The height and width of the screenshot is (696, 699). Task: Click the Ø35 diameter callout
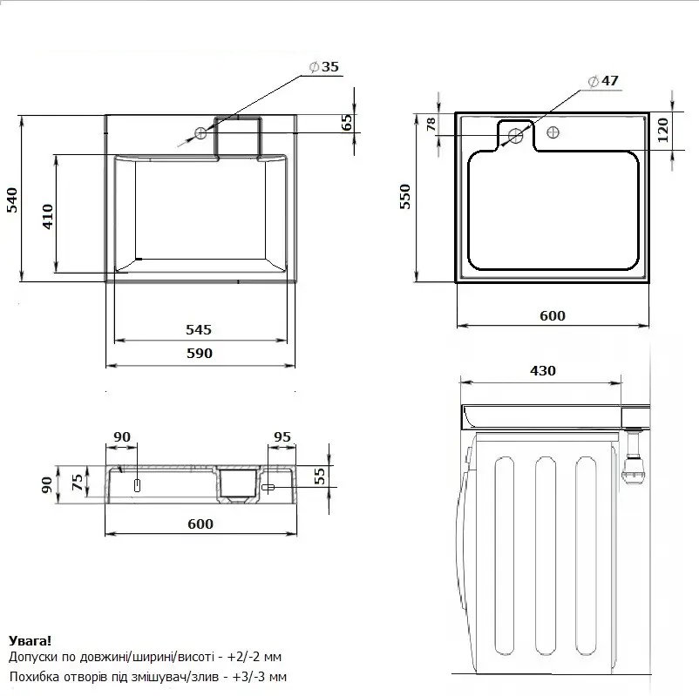(x=324, y=67)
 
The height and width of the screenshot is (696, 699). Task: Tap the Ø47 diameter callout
(x=603, y=81)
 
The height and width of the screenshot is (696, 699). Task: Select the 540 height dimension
(x=12, y=200)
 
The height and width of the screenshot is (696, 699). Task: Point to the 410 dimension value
(x=48, y=217)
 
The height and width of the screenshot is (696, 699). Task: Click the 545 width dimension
(x=199, y=330)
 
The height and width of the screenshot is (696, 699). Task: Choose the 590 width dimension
(x=200, y=354)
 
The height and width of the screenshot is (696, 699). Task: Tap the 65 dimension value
(x=347, y=122)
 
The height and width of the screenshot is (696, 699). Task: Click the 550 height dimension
(x=404, y=197)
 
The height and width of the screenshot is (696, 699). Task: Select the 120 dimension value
(x=663, y=130)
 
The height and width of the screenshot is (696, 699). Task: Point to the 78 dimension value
(x=431, y=125)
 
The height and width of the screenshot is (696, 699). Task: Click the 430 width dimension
(x=542, y=371)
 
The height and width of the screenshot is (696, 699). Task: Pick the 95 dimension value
(x=282, y=436)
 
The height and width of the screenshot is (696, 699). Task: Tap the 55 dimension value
(x=320, y=476)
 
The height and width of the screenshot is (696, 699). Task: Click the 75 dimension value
(x=78, y=482)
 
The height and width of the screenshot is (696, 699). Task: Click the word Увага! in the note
(x=31, y=641)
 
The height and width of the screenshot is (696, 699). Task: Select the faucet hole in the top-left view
(x=200, y=132)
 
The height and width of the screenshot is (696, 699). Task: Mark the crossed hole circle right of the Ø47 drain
(x=553, y=132)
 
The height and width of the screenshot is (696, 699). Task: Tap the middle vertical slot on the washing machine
(x=545, y=556)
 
